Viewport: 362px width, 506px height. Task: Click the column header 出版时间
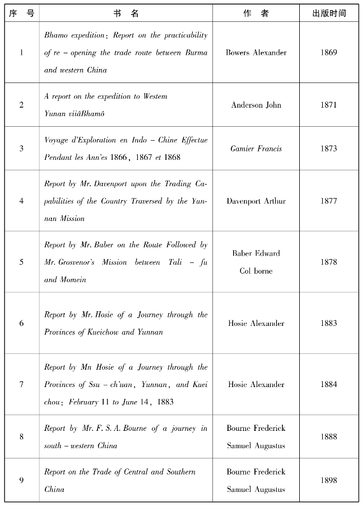pos(329,13)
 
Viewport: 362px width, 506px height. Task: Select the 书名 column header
pos(126,13)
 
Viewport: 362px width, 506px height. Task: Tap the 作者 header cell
pos(256,13)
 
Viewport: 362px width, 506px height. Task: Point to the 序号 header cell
pos(22,13)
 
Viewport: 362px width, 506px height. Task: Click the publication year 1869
pos(329,53)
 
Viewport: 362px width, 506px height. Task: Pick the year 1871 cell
pos(329,105)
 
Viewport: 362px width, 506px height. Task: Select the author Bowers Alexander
pos(256,53)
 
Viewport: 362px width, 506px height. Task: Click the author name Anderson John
pos(256,105)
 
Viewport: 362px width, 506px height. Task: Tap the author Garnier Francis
pos(256,149)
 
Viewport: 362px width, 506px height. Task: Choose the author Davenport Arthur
pos(256,201)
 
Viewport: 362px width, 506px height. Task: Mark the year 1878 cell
pos(329,262)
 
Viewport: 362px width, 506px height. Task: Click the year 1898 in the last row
pos(329,480)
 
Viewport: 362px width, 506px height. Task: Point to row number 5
pos(22,262)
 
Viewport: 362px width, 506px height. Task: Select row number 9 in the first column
pos(22,480)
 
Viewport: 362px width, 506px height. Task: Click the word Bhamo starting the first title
pos(57,35)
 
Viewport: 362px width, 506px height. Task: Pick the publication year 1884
pos(329,384)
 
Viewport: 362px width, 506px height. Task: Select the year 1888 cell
pos(329,436)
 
